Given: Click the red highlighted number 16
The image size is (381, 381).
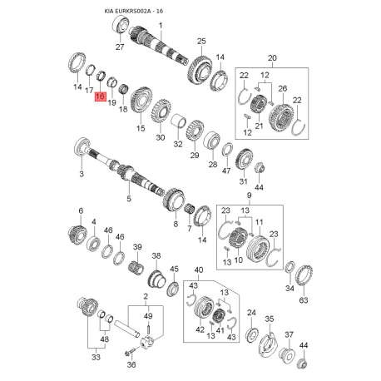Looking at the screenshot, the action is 100,96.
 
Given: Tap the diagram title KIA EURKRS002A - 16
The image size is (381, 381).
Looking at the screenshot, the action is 134,12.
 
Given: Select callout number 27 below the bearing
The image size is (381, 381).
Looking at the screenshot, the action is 120,47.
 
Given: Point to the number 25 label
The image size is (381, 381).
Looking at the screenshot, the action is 201,42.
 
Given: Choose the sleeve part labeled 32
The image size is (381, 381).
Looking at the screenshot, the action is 179,121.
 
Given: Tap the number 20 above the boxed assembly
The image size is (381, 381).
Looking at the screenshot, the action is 272,58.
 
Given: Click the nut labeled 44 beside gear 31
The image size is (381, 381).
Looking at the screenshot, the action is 260,168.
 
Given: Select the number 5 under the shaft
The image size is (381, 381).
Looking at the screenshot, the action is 129,199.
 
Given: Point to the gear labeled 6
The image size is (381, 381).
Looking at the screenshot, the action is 77,234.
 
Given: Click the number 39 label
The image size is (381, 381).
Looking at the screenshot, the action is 137,247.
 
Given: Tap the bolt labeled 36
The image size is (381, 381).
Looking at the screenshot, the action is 130,353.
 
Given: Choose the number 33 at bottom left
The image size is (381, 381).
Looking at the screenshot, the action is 96,357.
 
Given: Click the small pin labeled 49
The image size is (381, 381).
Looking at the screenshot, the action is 148,329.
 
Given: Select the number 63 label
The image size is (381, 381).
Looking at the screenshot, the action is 304,300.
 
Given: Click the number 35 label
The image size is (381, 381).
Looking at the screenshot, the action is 270,319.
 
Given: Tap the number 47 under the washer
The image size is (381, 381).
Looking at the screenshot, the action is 226,171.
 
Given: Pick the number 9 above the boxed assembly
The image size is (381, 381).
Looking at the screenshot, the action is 249,195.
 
